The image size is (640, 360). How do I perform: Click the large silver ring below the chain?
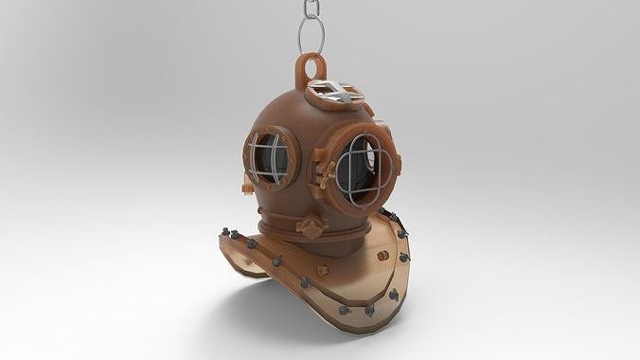point(311,37)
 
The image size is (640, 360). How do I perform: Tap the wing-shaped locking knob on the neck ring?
point(310,227)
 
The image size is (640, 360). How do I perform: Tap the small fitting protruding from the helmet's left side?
point(247,188)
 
